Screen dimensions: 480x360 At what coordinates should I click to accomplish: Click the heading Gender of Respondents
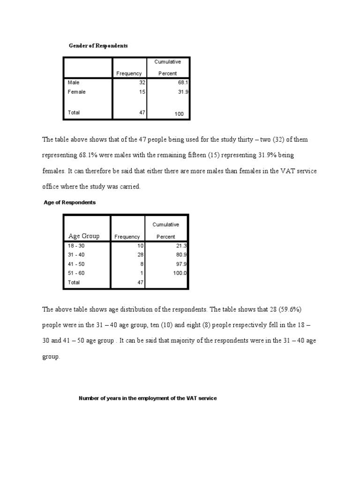[x=98, y=46]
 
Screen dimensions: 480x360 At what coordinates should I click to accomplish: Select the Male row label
[x=74, y=82]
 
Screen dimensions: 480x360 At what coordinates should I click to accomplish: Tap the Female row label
[x=76, y=92]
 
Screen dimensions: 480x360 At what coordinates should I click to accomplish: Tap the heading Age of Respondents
[x=69, y=202]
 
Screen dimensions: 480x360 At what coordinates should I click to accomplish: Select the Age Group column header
[x=84, y=236]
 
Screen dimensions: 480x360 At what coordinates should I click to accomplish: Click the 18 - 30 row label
[x=76, y=246]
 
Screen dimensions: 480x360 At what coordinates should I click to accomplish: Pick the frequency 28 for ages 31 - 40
[x=139, y=255]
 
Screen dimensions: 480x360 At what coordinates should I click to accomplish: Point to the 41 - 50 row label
[x=76, y=264]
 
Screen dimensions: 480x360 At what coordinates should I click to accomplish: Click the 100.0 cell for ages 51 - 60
[x=180, y=273]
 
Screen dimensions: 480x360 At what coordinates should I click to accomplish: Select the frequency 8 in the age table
[x=141, y=264]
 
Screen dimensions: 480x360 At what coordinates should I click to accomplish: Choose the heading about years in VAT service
[x=148, y=398]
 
